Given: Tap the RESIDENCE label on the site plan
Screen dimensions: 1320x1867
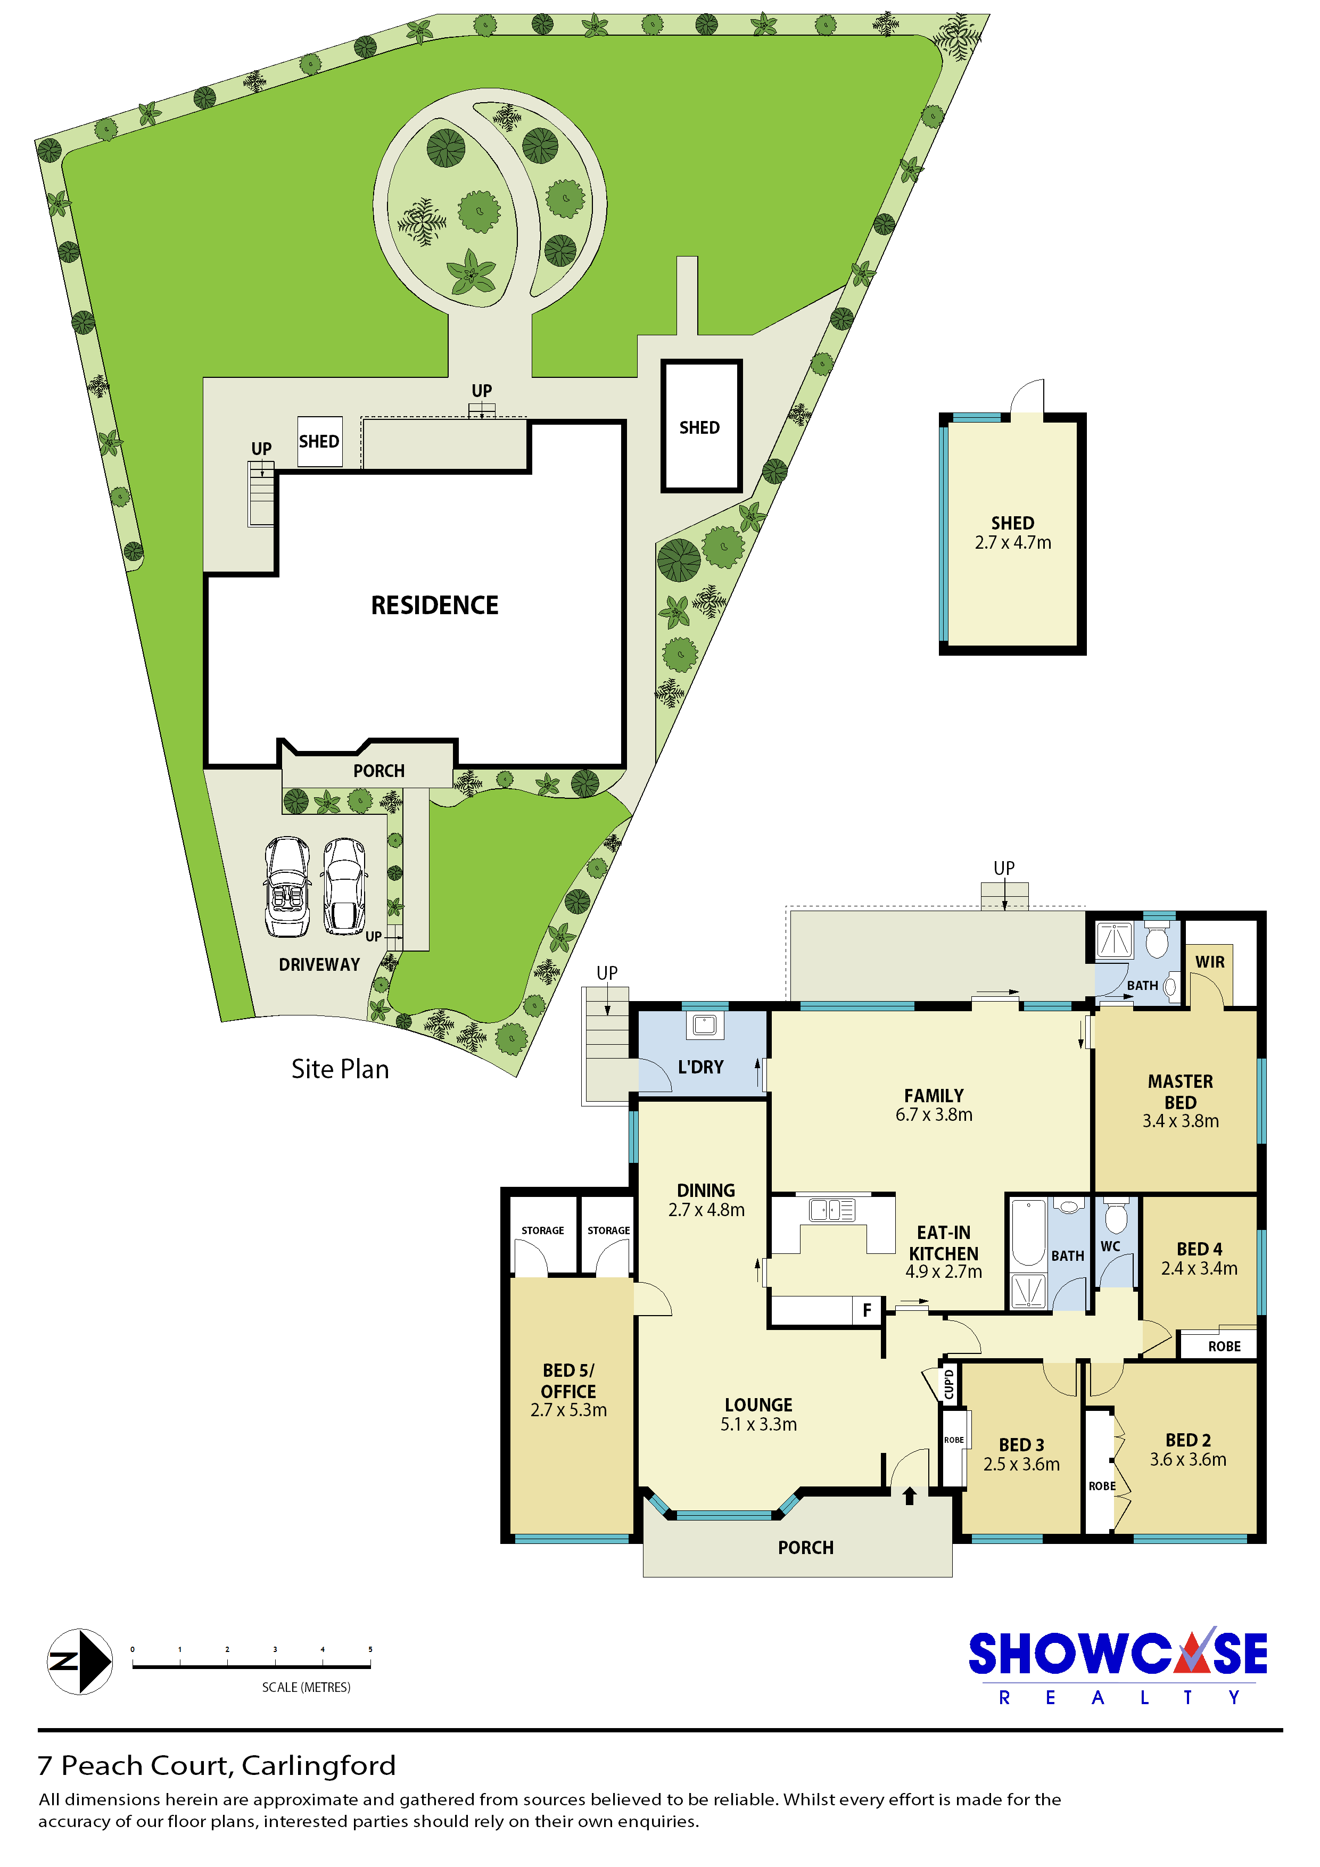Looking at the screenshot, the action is (434, 605).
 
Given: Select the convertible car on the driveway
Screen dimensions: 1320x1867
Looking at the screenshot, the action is (287, 887).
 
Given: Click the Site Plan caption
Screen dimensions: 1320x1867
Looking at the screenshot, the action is (340, 1069).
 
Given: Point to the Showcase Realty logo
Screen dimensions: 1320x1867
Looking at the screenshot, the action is (1118, 1665).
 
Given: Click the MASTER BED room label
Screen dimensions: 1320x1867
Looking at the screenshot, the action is (1180, 1091).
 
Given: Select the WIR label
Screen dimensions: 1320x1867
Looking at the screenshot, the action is (1209, 961).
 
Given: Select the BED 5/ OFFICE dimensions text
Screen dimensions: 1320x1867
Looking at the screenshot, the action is (568, 1410).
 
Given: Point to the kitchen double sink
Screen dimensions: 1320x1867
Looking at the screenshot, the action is (832, 1210).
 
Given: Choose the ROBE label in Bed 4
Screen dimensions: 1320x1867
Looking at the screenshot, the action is (1224, 1346).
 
